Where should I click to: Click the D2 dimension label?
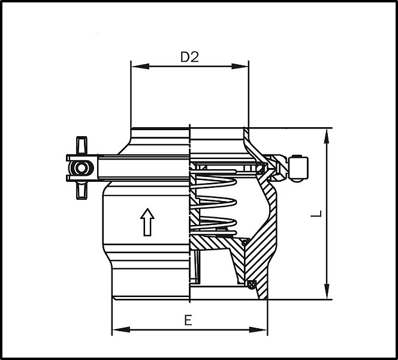point(189,57)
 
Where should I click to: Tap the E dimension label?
point(188,320)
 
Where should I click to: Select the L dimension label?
point(316,214)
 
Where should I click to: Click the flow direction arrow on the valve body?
point(147,222)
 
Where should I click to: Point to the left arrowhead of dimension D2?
point(140,67)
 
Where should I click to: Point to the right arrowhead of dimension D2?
point(240,67)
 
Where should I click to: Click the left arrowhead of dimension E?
point(121,330)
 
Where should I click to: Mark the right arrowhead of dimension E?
point(258,330)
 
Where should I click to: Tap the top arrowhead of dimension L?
point(327,137)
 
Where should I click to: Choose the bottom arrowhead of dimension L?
point(327,291)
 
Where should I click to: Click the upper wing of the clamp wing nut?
point(82,145)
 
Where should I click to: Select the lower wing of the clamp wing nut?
point(82,190)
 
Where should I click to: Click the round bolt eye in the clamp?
point(82,168)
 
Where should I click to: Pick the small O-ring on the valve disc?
point(245,242)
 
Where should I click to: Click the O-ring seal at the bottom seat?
point(252,284)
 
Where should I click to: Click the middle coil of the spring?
point(214,202)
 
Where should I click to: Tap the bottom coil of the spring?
point(214,223)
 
